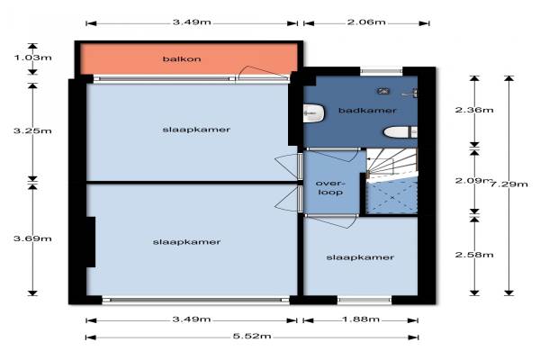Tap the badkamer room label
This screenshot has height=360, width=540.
click(x=367, y=110)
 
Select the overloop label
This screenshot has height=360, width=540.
click(x=329, y=188)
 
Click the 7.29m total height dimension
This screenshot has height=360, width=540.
click(x=508, y=184)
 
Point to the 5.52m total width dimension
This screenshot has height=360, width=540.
click(x=252, y=336)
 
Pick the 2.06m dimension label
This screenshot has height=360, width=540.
click(x=366, y=22)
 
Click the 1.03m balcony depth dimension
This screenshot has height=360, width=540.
click(x=32, y=58)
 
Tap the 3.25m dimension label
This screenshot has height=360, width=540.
click(x=32, y=130)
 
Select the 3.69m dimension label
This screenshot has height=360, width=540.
click(x=32, y=238)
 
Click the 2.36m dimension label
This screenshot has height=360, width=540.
click(x=474, y=110)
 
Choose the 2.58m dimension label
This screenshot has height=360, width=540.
click(x=474, y=255)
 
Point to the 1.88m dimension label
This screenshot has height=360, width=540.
click(x=361, y=319)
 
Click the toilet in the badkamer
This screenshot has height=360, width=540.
click(x=400, y=132)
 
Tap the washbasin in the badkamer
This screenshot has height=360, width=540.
click(x=314, y=113)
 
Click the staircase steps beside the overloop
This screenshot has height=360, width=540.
click(x=391, y=164)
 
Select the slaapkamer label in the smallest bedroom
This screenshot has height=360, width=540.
click(x=360, y=257)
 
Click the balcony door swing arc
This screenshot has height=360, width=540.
click(x=263, y=71)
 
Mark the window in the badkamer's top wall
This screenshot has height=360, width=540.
click(x=382, y=72)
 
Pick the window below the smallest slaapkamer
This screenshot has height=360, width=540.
click(x=364, y=300)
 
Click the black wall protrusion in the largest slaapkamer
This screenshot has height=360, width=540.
click(x=91, y=242)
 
